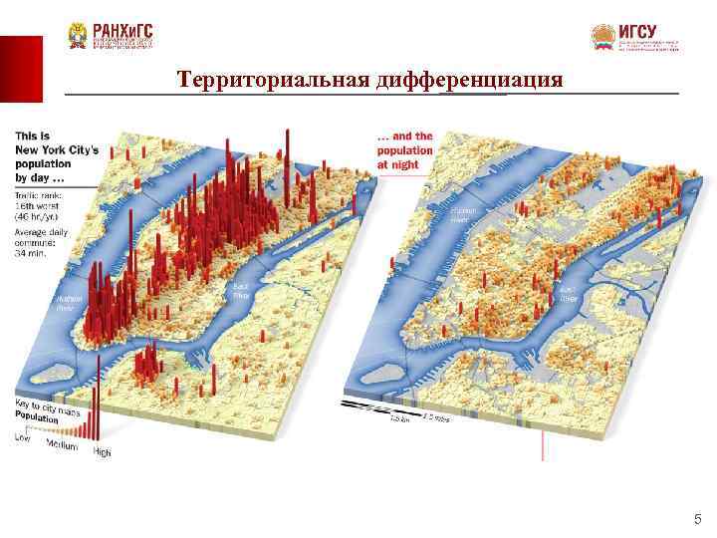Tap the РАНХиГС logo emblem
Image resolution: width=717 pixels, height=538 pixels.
[x=77, y=37]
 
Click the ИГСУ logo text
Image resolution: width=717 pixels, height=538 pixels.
[x=637, y=32]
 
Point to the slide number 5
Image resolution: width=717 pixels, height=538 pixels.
[x=697, y=518]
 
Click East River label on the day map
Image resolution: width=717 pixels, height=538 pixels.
[x=240, y=290]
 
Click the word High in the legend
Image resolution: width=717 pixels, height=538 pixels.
[x=102, y=452]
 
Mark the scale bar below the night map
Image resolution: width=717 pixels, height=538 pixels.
[x=393, y=409]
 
